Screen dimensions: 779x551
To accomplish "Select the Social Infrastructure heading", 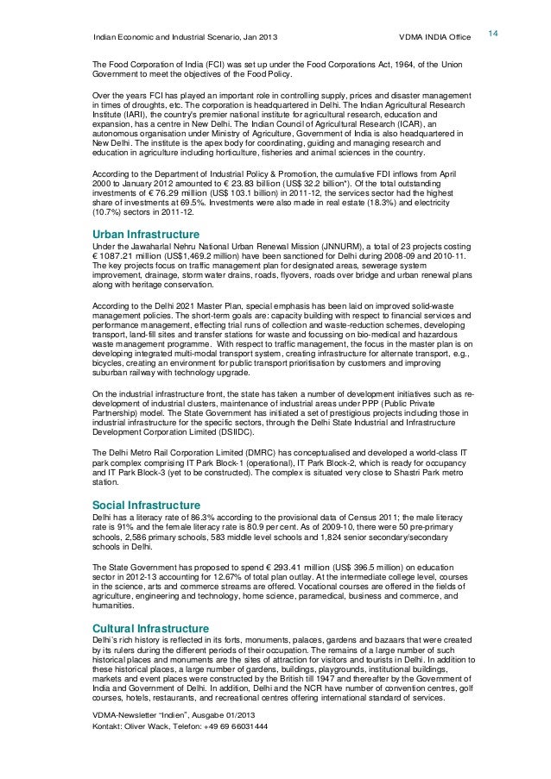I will click(146, 505).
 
